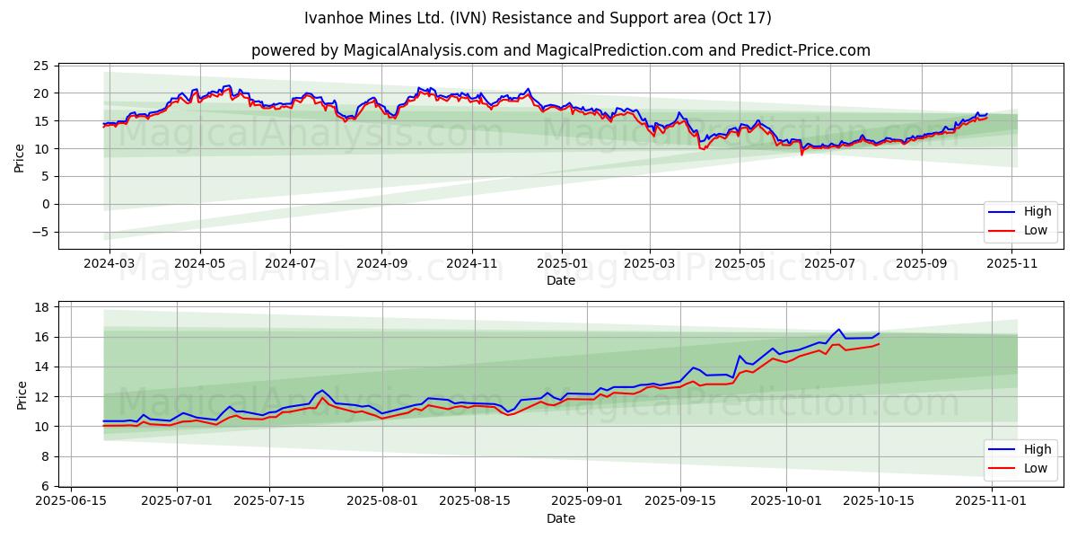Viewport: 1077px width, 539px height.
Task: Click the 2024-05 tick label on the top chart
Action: coord(199,264)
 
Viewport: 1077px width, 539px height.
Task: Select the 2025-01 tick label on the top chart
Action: coord(562,264)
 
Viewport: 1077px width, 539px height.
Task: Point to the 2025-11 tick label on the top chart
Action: coord(1012,264)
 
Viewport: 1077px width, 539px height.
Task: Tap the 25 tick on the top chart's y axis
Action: coord(40,66)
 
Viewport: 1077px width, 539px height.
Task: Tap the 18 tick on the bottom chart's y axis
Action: coord(40,307)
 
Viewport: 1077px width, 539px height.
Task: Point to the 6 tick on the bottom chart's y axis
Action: coord(44,486)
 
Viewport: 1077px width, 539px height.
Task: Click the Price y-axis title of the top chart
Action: coord(20,157)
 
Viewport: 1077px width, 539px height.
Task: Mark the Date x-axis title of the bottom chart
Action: coord(561,518)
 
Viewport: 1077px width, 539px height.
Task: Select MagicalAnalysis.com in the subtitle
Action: coord(420,50)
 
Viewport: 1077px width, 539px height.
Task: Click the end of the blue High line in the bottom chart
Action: coord(879,333)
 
